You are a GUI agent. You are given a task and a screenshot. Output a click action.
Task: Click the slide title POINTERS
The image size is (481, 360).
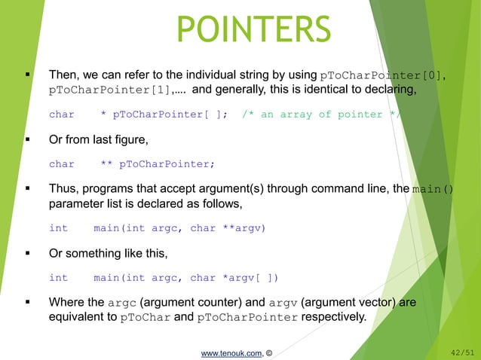pyautogui.click(x=253, y=29)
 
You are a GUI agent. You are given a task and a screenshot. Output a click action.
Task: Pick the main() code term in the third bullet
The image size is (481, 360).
pyautogui.click(x=433, y=189)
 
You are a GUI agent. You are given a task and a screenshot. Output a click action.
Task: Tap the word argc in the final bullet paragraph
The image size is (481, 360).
pyautogui.click(x=122, y=303)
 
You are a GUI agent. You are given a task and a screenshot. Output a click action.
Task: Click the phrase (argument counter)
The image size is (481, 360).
pyautogui.click(x=184, y=302)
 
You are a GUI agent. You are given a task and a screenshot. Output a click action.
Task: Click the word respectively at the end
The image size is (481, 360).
pyautogui.click(x=332, y=318)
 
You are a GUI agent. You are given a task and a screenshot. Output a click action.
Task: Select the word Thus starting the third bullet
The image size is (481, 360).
pyautogui.click(x=62, y=189)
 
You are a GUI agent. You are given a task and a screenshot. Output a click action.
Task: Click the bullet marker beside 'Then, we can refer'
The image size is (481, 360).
pyautogui.click(x=27, y=75)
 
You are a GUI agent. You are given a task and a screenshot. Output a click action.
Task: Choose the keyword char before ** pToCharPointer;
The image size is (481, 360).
pyautogui.click(x=62, y=164)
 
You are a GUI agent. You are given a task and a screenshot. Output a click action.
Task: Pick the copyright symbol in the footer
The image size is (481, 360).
pyautogui.click(x=268, y=350)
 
